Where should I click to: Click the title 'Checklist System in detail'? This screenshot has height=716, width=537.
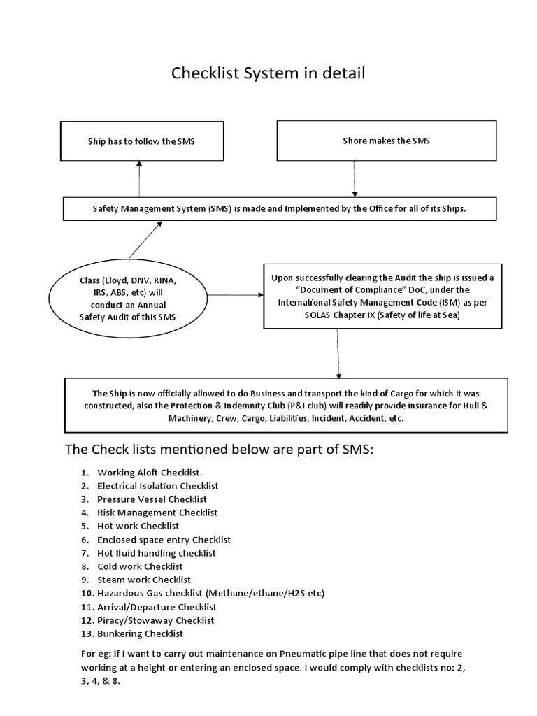(x=268, y=73)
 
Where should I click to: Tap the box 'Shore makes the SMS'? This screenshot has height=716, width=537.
(x=387, y=141)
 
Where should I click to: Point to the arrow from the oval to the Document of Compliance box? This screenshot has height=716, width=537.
(x=235, y=294)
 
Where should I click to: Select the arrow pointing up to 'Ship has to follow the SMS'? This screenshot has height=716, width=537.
(x=139, y=178)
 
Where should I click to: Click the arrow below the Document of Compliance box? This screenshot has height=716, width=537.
(x=338, y=353)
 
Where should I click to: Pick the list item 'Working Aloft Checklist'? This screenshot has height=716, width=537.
(x=150, y=472)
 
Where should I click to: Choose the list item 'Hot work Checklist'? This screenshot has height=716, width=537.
(x=138, y=526)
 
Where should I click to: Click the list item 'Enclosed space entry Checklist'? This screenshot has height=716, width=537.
(x=164, y=540)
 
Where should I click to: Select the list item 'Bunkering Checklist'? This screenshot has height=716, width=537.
(x=140, y=633)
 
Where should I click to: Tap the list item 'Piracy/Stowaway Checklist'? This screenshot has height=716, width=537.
(x=155, y=620)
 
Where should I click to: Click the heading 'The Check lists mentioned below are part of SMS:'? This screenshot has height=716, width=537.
(x=220, y=449)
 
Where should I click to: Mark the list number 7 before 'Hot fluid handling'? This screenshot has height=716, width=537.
(x=84, y=553)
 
